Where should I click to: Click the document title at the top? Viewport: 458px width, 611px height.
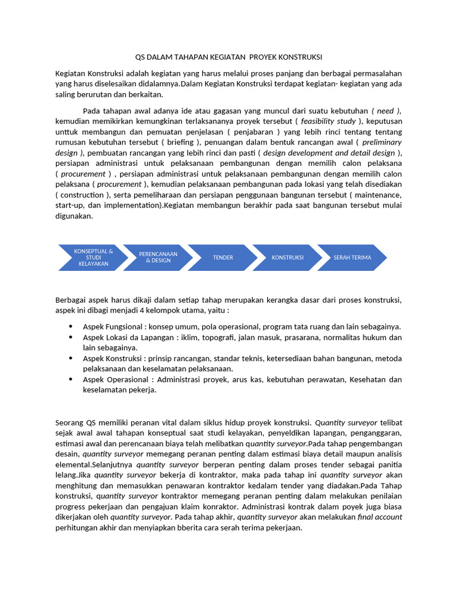pyautogui.click(x=229, y=57)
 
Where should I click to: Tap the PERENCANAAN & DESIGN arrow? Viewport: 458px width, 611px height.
pyautogui.click(x=158, y=257)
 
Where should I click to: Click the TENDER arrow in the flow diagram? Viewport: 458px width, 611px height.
pyautogui.click(x=223, y=257)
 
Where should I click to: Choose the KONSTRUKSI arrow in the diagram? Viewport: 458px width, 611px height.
pyautogui.click(x=287, y=257)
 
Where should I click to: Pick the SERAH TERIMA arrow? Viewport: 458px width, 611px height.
pyautogui.click(x=352, y=257)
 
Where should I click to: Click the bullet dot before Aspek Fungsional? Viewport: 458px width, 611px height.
pyautogui.click(x=72, y=326)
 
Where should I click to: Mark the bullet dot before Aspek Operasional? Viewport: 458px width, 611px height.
pyautogui.click(x=72, y=379)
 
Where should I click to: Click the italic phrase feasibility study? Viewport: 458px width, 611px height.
pyautogui.click(x=328, y=121)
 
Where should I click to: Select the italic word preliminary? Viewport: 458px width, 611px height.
pyautogui.click(x=382, y=142)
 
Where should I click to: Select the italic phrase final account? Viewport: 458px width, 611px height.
pyautogui.click(x=380, y=517)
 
